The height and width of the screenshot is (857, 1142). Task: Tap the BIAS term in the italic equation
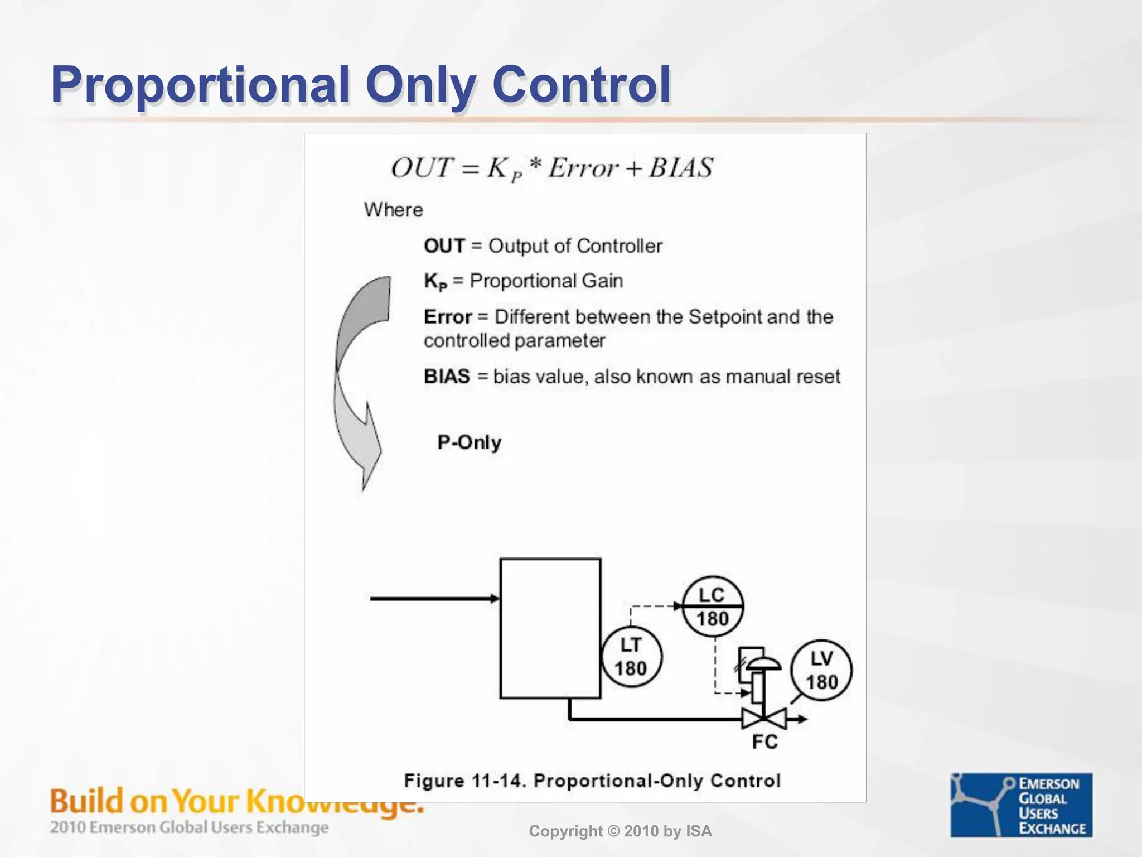click(680, 168)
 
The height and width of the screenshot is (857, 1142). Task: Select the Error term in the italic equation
click(583, 168)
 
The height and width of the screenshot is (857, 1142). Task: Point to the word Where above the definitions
click(393, 210)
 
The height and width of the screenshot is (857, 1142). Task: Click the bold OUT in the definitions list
click(444, 246)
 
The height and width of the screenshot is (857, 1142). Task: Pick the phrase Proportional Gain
click(546, 281)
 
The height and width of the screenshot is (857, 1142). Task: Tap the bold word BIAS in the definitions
click(447, 377)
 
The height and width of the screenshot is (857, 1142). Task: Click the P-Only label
click(469, 442)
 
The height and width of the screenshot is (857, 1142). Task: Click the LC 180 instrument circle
click(713, 606)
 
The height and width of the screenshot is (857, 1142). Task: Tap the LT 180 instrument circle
click(631, 657)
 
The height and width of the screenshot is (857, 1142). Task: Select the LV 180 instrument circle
click(821, 670)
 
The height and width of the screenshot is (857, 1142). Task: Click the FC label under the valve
click(764, 742)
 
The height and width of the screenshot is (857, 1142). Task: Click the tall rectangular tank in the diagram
click(550, 628)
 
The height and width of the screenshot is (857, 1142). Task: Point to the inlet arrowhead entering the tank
click(495, 599)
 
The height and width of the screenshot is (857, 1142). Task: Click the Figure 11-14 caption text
click(592, 781)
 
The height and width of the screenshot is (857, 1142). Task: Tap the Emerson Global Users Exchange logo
click(1021, 805)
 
